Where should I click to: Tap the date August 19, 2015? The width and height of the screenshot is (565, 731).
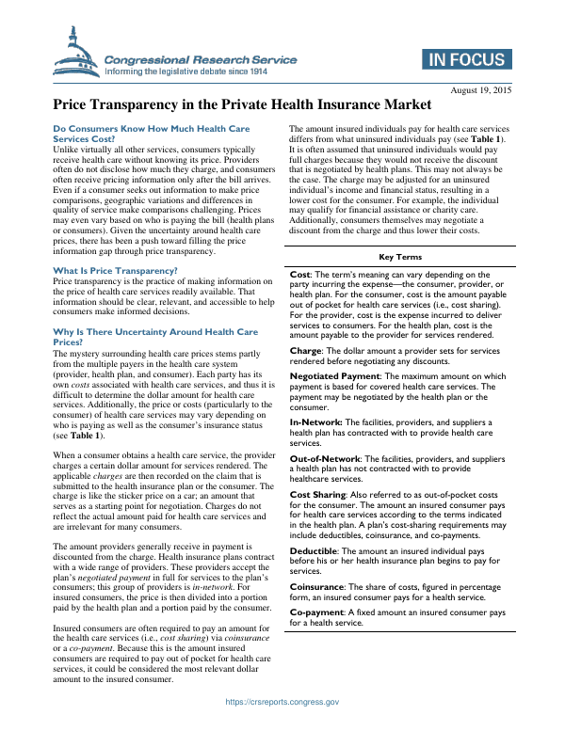pyautogui.click(x=481, y=89)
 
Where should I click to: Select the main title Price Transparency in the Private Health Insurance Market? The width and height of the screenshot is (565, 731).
pyautogui.click(x=242, y=104)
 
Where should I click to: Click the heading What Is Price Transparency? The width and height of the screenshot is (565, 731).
pyautogui.click(x=116, y=271)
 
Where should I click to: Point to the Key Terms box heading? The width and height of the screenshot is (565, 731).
pyautogui.click(x=400, y=257)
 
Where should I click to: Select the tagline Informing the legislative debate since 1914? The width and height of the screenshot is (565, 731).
pyautogui.click(x=187, y=71)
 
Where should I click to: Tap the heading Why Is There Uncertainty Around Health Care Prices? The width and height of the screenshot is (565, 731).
pyautogui.click(x=155, y=337)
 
